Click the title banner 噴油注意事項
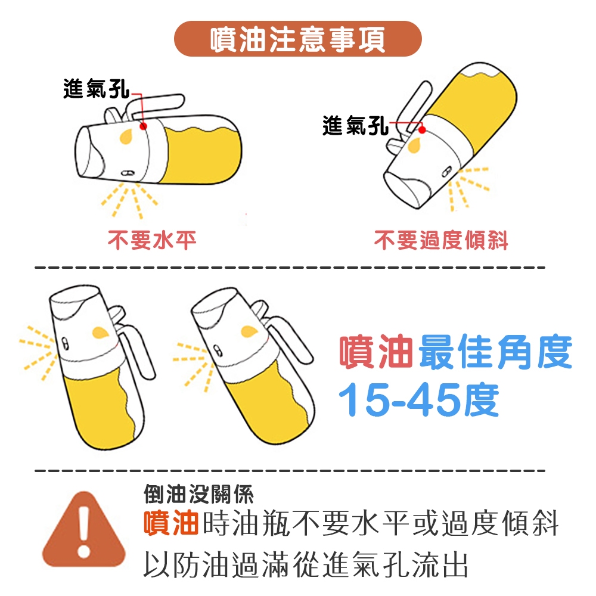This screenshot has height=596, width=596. click(x=297, y=39)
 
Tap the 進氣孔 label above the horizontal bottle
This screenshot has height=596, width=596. click(x=96, y=89)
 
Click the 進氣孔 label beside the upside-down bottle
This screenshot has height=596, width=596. click(x=355, y=125)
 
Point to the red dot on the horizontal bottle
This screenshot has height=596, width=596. click(x=143, y=126)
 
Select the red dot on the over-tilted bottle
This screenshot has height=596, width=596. click(x=422, y=129)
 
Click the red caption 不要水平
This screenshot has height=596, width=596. click(x=152, y=240)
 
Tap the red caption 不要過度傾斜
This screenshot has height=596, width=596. click(x=441, y=240)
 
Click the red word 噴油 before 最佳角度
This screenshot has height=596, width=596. click(x=375, y=352)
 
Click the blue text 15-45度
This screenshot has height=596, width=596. click(x=418, y=400)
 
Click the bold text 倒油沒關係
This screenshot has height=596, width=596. click(x=198, y=494)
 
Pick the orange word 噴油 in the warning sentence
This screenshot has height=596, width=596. click(x=171, y=523)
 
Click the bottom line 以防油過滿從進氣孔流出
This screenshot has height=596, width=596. click(x=306, y=564)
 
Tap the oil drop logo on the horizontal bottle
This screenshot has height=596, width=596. click(x=126, y=136)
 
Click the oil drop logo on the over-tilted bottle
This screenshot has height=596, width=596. click(x=414, y=146)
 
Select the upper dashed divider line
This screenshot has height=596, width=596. click(x=290, y=268)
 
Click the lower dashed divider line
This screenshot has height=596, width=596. click(x=290, y=471)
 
